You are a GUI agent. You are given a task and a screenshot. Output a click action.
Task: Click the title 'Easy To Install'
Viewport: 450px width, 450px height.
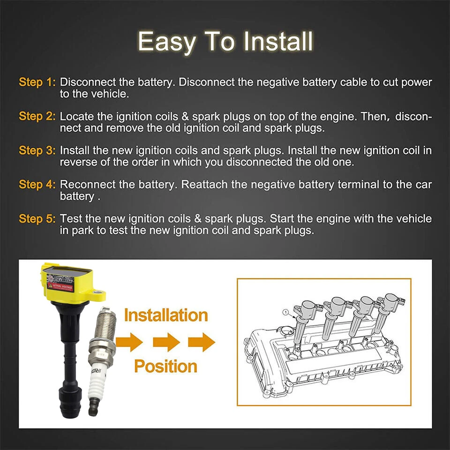click(x=225, y=42)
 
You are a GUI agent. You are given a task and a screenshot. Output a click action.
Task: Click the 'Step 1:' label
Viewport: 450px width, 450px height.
click(x=37, y=82)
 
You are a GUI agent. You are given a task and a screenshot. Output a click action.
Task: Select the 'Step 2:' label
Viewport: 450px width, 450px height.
click(x=37, y=116)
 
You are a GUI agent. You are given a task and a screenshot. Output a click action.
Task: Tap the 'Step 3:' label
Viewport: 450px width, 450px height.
click(x=37, y=150)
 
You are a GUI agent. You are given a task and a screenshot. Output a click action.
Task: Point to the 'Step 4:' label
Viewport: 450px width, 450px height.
click(x=37, y=185)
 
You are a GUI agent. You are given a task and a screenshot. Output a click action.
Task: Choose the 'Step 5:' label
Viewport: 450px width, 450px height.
click(x=37, y=219)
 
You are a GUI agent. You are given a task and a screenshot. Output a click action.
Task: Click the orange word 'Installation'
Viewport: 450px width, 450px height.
click(x=166, y=315)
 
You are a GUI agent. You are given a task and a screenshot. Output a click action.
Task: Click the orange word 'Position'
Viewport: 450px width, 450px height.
click(x=166, y=366)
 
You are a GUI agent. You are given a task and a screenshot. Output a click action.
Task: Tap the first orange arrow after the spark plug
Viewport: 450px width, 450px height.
click(x=129, y=342)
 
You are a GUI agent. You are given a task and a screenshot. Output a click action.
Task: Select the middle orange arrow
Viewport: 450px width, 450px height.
click(x=166, y=342)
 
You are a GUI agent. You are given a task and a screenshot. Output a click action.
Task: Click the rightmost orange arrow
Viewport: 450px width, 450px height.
click(x=202, y=342)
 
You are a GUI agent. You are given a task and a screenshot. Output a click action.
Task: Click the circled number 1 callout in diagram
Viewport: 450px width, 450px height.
click(x=285, y=311)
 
